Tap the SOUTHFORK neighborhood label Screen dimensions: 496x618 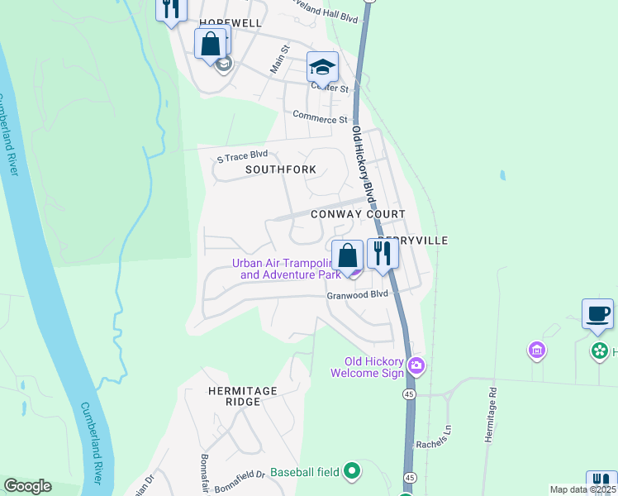click(281, 169)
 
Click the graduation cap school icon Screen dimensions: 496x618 click(322, 66)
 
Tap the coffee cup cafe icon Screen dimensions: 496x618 click(597, 314)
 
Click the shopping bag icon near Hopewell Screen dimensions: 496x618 click(211, 43)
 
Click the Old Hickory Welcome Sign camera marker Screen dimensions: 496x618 click(416, 365)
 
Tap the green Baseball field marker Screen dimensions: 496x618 click(351, 471)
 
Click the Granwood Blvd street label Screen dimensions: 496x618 click(357, 294)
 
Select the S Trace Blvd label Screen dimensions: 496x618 click(242, 155)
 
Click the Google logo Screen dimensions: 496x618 click(27, 486)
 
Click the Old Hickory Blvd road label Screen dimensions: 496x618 click(364, 165)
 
